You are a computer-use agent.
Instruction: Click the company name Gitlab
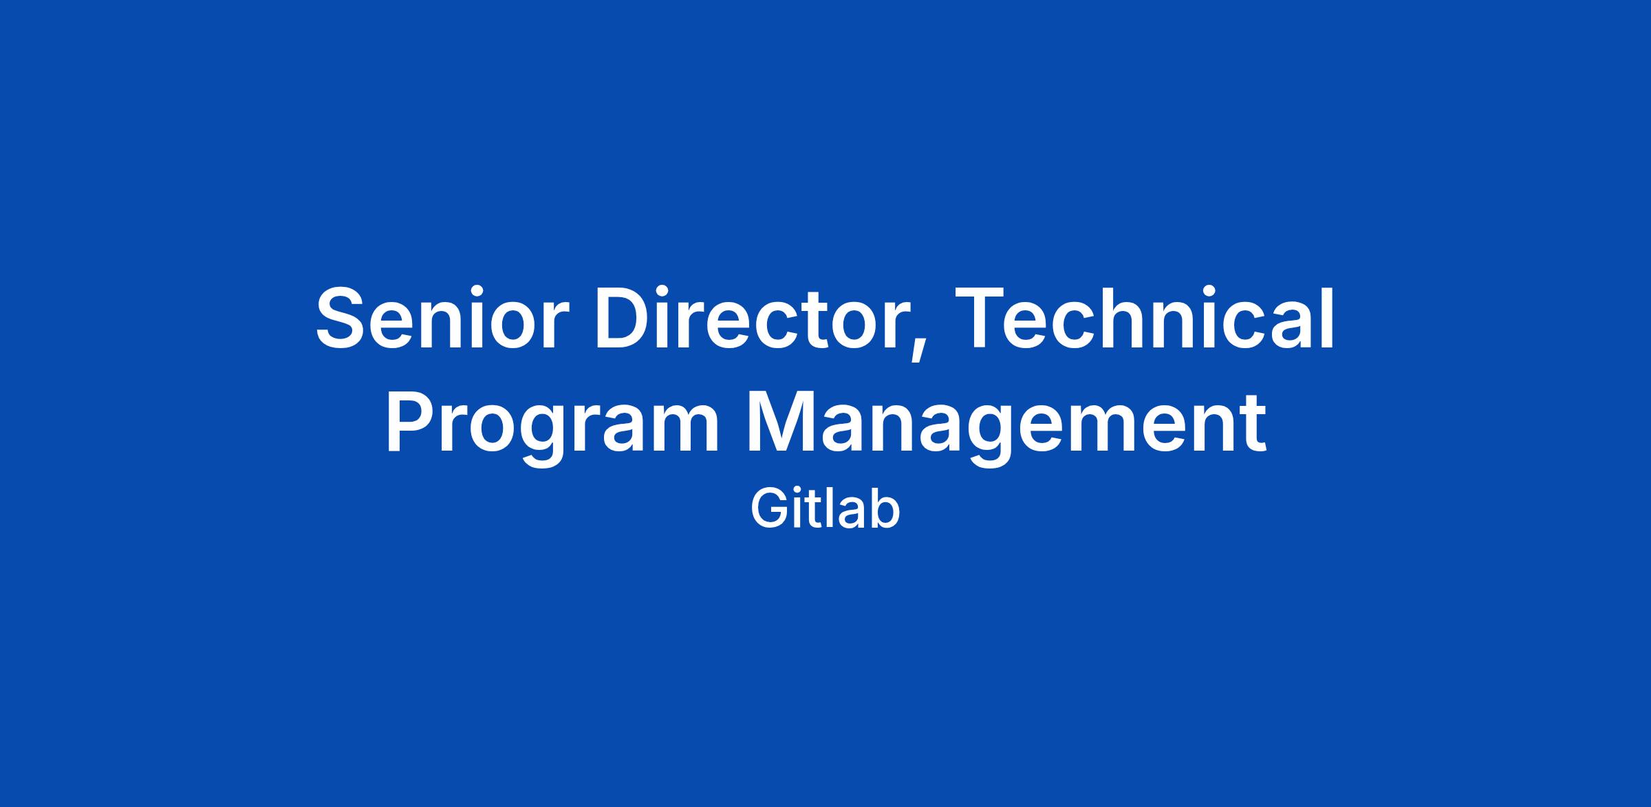tap(825, 510)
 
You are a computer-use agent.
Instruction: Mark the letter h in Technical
tap(1138, 319)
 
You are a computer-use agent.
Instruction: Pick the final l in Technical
tap(1328, 319)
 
